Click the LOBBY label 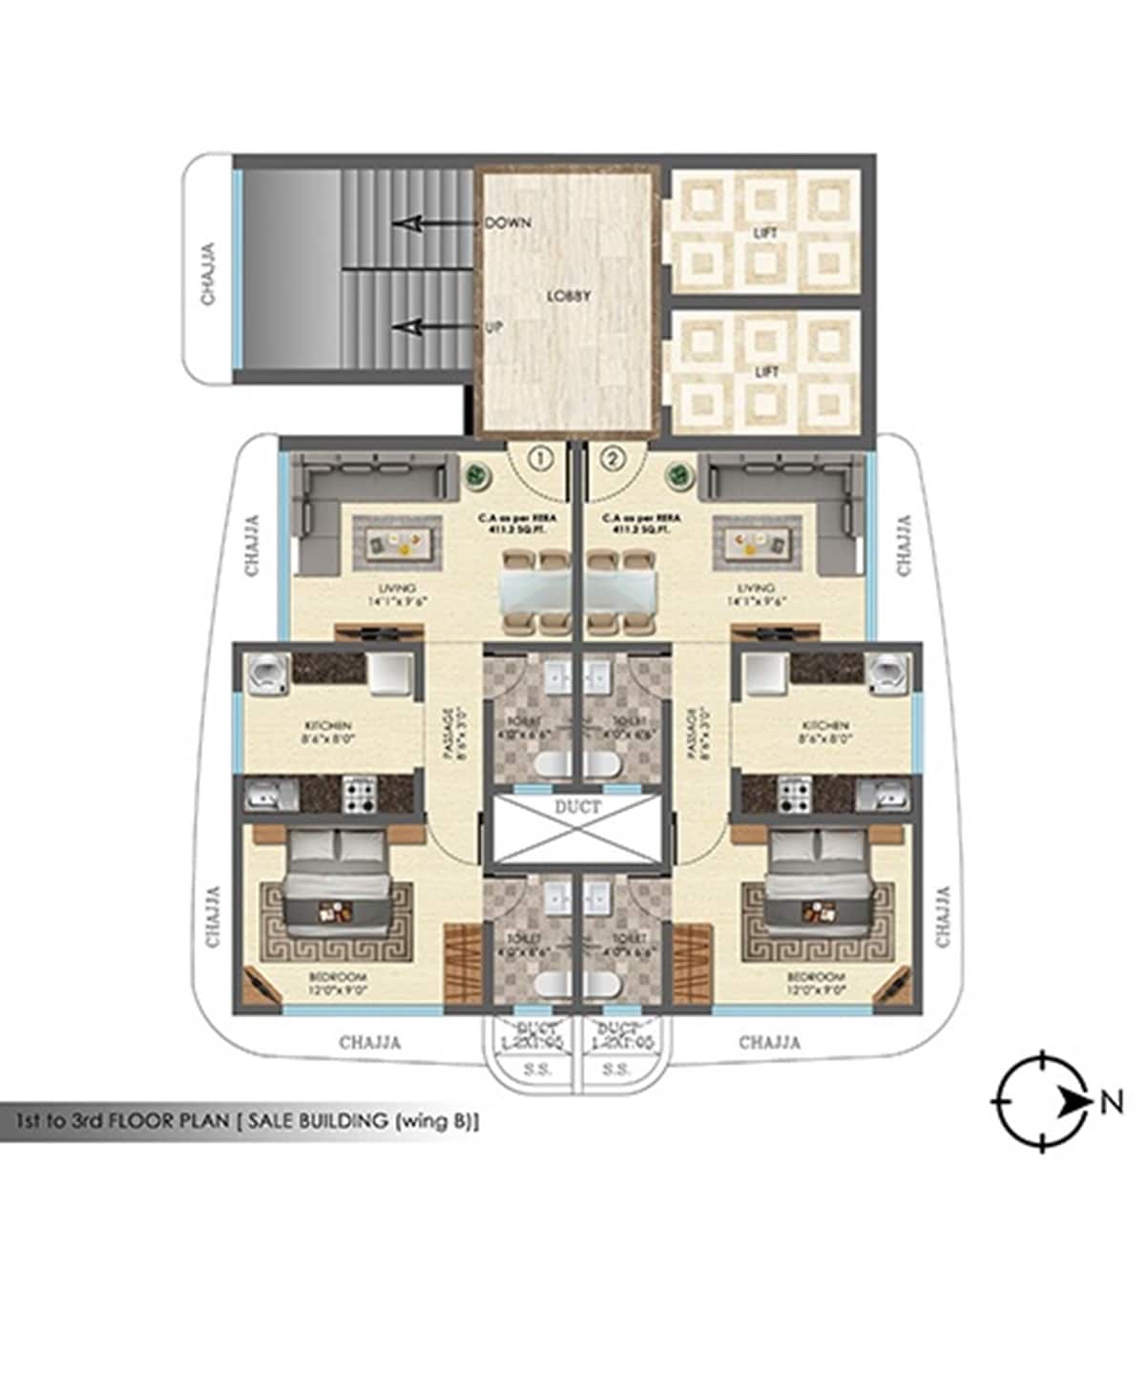click(x=569, y=296)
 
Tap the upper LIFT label click(x=766, y=233)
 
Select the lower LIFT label click(x=766, y=371)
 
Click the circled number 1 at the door click(x=541, y=459)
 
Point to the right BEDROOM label click(x=816, y=978)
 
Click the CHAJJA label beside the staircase click(x=208, y=275)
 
